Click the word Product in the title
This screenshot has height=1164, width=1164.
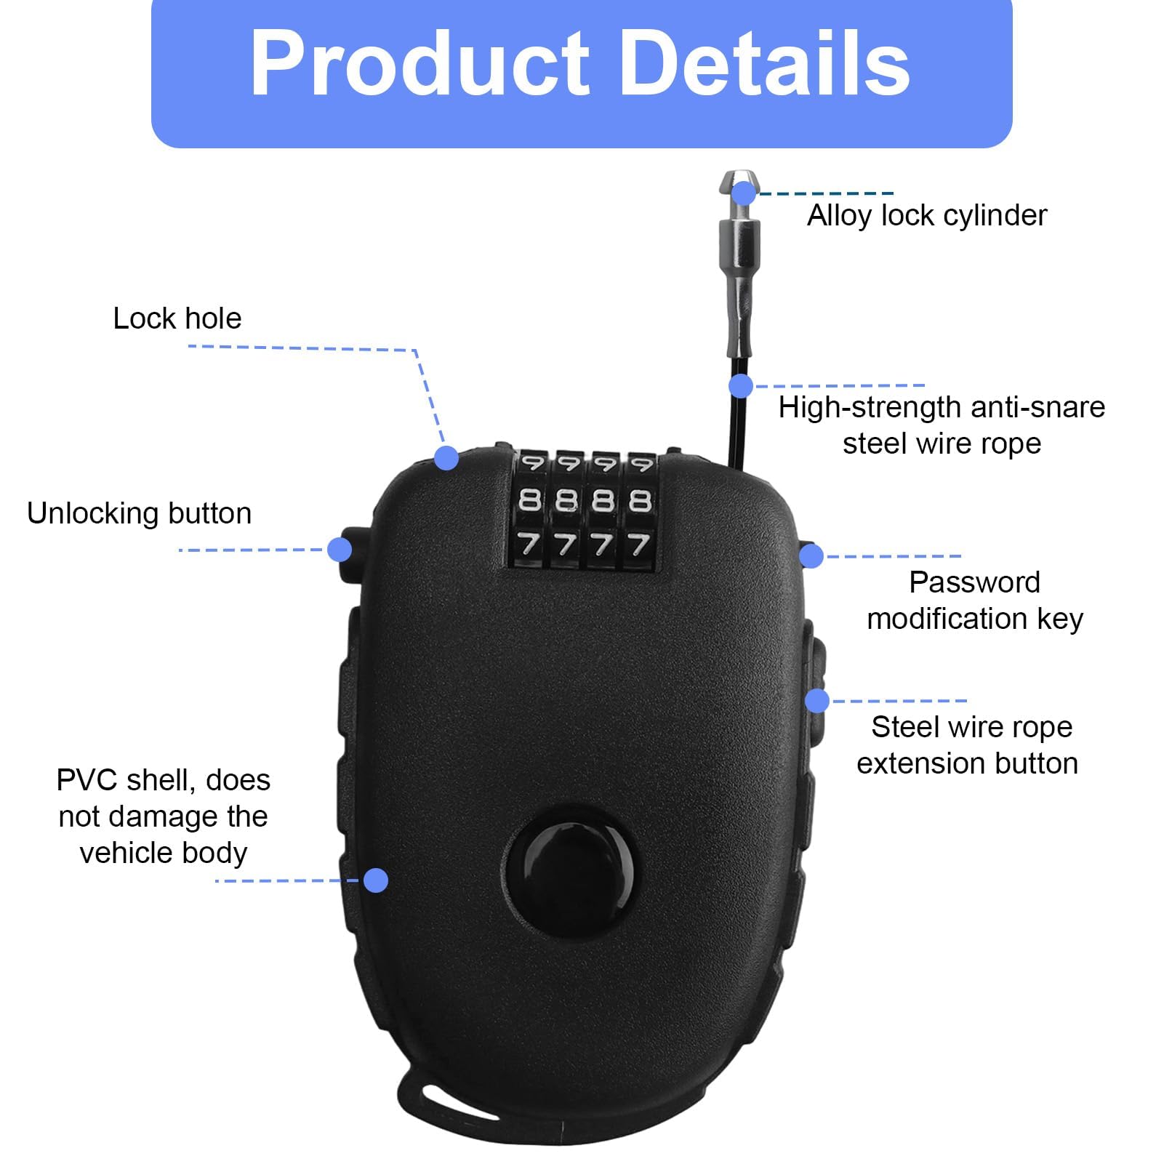[x=420, y=63]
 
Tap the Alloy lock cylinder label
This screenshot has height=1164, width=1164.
[x=927, y=215]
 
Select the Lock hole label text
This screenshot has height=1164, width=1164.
[x=177, y=318]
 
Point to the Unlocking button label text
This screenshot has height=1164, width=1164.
[x=140, y=514]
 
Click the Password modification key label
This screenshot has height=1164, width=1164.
[x=975, y=601]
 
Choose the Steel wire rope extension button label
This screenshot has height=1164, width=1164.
[x=968, y=745]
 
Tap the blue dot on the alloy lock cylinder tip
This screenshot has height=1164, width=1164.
[x=744, y=193]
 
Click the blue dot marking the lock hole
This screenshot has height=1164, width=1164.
[x=446, y=458]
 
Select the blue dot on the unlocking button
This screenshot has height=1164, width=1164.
[x=340, y=549]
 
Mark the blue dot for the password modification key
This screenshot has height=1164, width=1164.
[x=811, y=556]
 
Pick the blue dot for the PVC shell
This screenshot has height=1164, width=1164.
[x=375, y=880]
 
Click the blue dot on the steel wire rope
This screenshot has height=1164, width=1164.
[x=741, y=386]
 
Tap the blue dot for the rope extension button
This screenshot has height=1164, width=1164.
[x=817, y=701]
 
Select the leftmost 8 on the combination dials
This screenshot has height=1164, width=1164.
[x=530, y=500]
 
